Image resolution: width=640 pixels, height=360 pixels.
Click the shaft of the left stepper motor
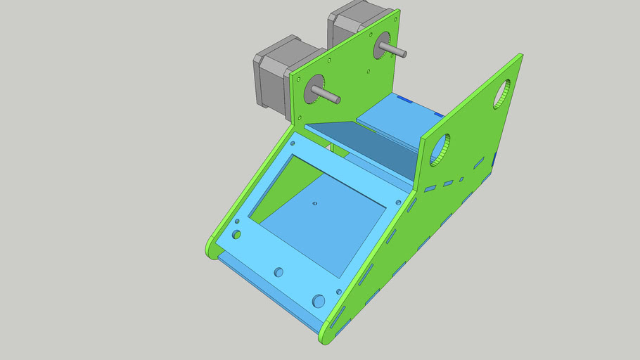pos(325,95)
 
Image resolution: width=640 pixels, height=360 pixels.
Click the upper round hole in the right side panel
pos(502,94)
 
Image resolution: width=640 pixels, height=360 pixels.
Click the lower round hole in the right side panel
pos(438,149)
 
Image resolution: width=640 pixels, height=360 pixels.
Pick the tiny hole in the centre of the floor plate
pos(314,204)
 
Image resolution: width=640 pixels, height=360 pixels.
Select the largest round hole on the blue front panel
pos(319,301)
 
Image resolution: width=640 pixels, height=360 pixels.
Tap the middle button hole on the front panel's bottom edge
pos(279,271)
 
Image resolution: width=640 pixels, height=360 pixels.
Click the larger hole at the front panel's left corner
pos(237,233)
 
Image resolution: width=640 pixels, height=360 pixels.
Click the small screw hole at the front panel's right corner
pos(339,292)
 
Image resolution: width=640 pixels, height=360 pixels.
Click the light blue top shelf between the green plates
pos(401,116)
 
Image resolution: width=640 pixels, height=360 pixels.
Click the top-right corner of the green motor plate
pos(397,12)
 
